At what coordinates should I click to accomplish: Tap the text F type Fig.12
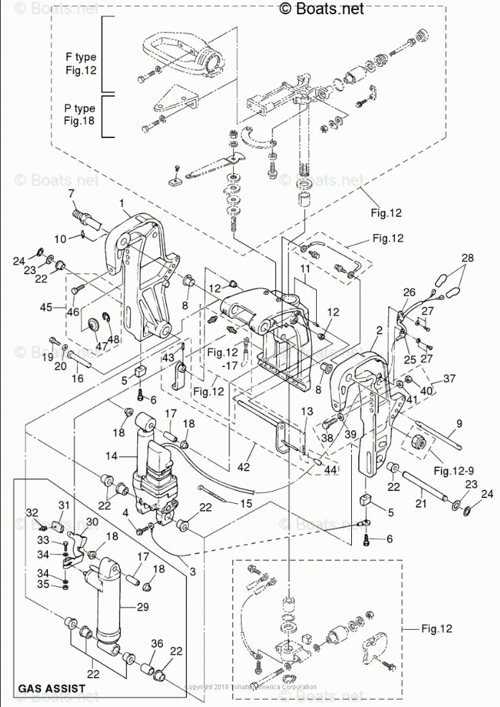[x=80, y=64]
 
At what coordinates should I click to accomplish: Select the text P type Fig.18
[x=79, y=114]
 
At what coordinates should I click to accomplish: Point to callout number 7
[x=71, y=194]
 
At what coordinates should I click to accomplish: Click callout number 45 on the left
[x=46, y=308]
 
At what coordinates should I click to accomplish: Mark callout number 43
[x=168, y=358]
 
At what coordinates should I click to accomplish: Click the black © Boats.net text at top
[x=321, y=8]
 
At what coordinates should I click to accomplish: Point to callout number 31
[x=63, y=506]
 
